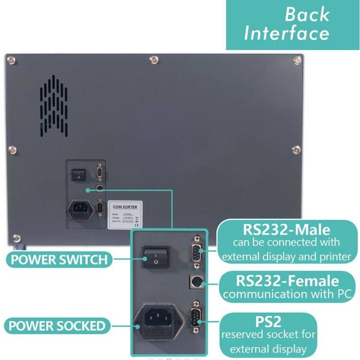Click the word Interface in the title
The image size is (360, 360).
(x=287, y=33)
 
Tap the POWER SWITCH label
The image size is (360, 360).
(x=59, y=259)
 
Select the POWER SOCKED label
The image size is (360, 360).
(x=57, y=326)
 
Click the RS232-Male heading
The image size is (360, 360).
(x=286, y=230)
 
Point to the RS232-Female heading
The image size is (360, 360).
(x=287, y=281)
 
